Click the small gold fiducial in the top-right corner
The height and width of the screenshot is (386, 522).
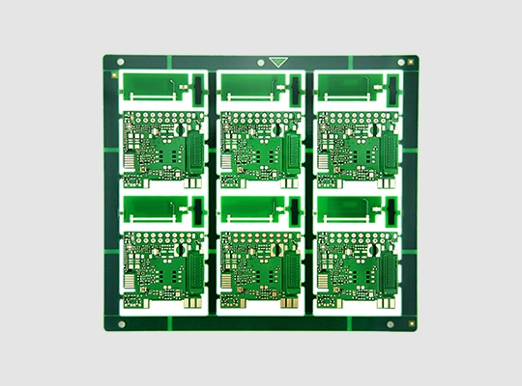point(413,62)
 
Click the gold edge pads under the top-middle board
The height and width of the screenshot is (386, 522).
point(290,179)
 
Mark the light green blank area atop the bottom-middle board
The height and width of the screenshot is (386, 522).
point(250,207)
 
